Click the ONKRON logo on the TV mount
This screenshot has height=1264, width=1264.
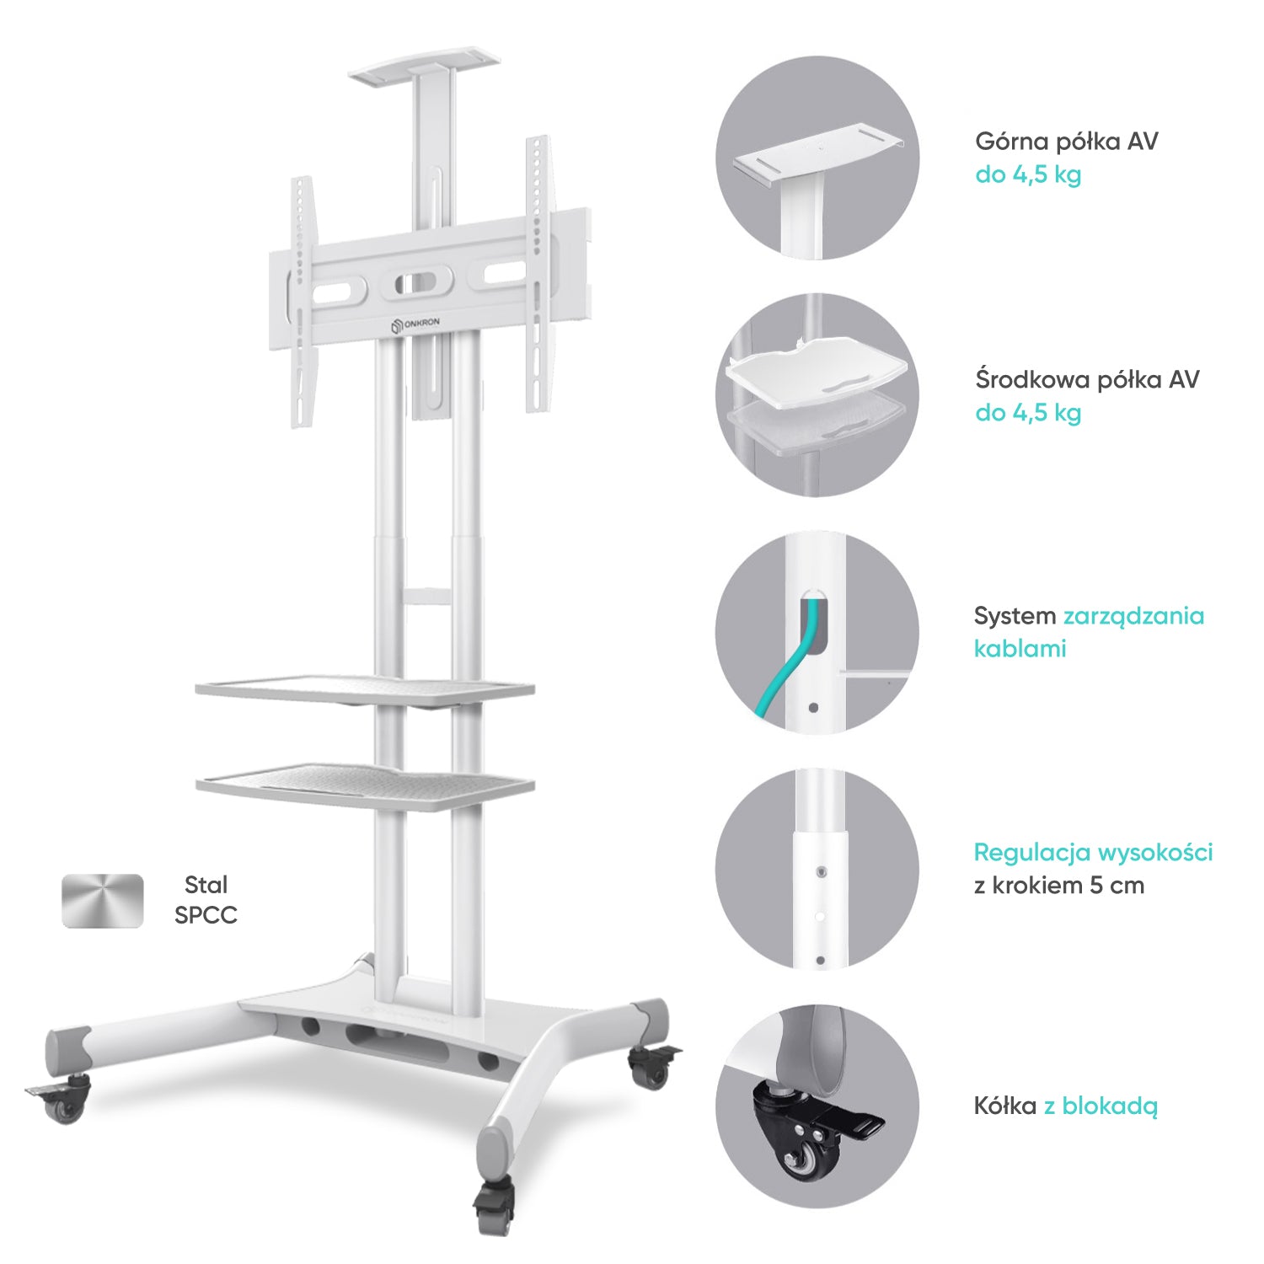(x=415, y=324)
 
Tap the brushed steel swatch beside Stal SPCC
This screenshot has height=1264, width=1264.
(x=103, y=901)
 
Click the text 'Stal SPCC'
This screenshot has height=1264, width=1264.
(x=206, y=900)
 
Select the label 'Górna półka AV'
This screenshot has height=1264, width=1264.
(x=1066, y=141)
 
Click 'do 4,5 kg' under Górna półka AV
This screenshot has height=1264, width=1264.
(x=1028, y=174)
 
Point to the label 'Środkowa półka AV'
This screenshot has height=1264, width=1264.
(x=1086, y=379)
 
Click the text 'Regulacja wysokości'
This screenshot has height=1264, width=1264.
(x=1093, y=852)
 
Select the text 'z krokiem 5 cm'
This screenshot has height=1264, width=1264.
(x=1058, y=886)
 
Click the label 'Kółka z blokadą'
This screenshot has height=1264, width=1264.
(x=1065, y=1106)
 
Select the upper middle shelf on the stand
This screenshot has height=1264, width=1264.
(x=364, y=688)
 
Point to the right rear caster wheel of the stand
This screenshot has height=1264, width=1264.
(x=651, y=1068)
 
